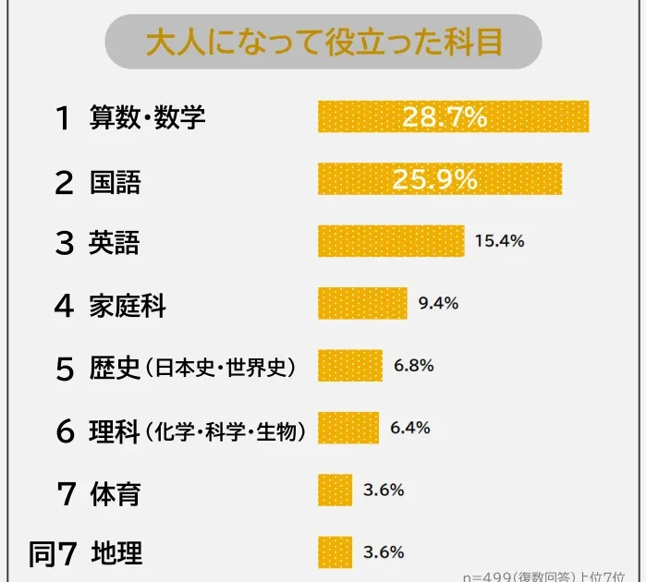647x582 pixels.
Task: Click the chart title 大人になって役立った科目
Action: tap(323, 42)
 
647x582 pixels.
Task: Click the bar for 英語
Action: tap(390, 241)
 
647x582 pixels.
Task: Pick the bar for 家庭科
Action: tap(362, 303)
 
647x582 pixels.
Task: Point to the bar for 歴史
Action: tap(349, 366)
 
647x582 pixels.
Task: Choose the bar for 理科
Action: tap(348, 428)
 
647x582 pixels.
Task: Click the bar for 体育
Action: tap(335, 490)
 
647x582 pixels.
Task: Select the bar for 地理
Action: tap(335, 552)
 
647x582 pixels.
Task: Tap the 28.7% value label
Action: tap(445, 117)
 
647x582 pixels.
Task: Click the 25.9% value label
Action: tap(434, 178)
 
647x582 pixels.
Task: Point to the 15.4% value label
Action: tap(499, 241)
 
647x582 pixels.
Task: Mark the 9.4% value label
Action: tap(438, 303)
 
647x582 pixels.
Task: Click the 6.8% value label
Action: tap(413, 366)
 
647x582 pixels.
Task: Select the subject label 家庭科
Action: tap(128, 305)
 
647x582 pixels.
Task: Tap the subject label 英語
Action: tap(115, 242)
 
